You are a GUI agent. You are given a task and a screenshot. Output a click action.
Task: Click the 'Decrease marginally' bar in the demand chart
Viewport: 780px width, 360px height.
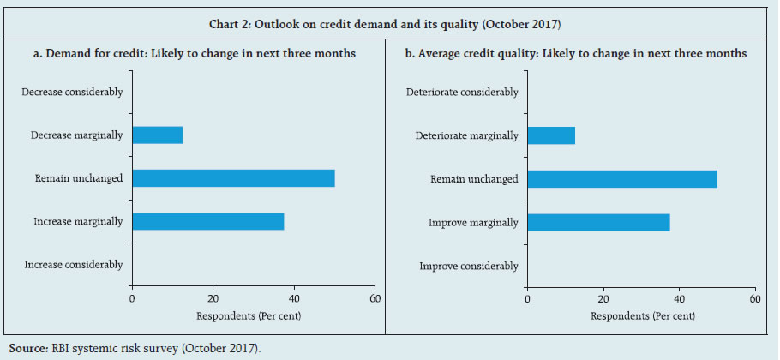(157, 135)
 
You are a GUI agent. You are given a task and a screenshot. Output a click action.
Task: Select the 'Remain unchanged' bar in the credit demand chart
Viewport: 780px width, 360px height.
(233, 178)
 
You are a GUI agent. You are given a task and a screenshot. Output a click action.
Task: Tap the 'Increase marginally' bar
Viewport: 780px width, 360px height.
(207, 221)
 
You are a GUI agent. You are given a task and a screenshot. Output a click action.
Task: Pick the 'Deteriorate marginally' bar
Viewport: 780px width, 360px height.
(551, 135)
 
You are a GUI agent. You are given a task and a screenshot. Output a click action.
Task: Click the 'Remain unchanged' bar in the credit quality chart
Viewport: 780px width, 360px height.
(622, 178)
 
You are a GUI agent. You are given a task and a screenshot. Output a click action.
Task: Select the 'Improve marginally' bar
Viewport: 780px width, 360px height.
(598, 222)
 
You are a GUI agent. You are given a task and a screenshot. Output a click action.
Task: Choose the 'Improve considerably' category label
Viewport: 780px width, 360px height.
(469, 266)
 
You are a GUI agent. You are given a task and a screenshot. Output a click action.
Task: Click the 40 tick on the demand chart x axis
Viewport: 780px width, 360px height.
(293, 298)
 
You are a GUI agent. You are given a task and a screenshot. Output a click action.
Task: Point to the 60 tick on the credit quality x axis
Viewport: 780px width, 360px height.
(754, 298)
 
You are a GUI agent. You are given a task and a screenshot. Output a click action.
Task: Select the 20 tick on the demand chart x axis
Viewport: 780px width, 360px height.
(213, 298)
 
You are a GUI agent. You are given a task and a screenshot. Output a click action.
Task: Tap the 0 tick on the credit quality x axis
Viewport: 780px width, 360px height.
(527, 298)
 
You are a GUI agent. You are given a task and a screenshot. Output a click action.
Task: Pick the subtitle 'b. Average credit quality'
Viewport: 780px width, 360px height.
(575, 53)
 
